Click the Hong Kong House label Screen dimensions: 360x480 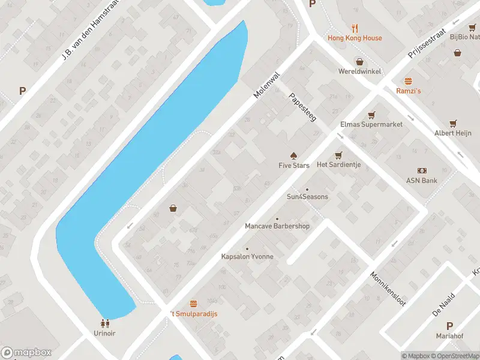(x=355, y=38)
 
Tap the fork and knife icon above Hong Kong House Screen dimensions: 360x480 (x=355, y=28)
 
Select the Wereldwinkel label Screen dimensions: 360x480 (x=359, y=71)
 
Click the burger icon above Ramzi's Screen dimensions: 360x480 (x=409, y=80)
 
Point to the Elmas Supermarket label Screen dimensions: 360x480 (x=371, y=124)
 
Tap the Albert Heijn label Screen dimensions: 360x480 (x=452, y=133)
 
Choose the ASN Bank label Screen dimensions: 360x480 (x=422, y=181)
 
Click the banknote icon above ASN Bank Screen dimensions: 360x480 (x=422, y=170)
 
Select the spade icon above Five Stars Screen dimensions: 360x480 (x=293, y=155)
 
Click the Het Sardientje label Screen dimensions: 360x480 (x=338, y=165)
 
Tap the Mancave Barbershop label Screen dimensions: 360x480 (x=277, y=226)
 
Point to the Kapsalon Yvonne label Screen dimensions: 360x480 (x=247, y=256)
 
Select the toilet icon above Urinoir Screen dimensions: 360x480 (x=104, y=323)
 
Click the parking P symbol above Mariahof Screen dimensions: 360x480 (x=450, y=326)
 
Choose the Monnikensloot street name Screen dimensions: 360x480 (x=388, y=288)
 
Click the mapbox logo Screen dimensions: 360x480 (x=27, y=353)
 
